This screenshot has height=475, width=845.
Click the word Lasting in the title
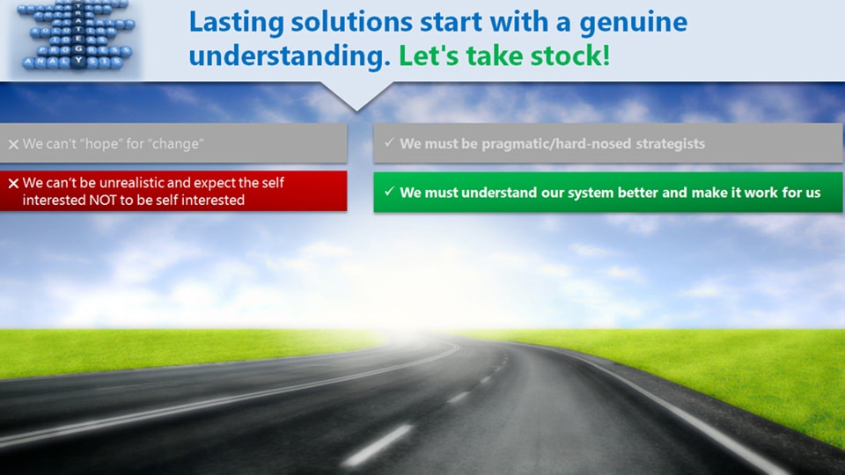231,22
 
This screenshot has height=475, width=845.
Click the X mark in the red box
13,184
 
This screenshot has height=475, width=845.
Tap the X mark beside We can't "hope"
13,143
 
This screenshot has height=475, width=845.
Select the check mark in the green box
388,191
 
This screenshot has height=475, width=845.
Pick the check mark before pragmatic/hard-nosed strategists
388,142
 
